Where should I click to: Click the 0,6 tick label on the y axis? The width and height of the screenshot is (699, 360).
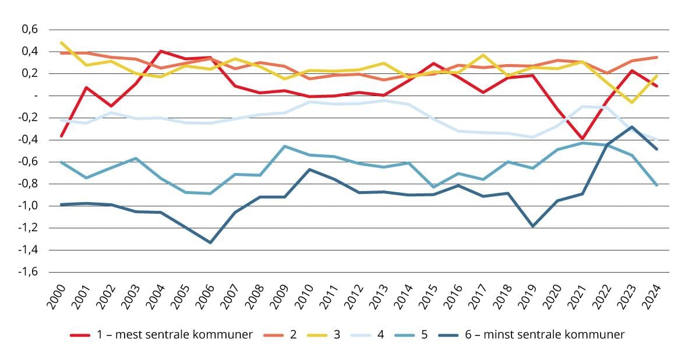click(29, 29)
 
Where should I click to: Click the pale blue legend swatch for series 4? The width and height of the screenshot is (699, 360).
click(362, 335)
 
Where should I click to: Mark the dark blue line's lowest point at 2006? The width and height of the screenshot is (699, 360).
click(210, 242)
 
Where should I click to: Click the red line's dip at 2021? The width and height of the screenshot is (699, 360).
click(582, 139)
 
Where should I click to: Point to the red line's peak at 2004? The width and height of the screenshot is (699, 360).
click(161, 51)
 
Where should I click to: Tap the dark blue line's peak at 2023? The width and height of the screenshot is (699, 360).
click(632, 126)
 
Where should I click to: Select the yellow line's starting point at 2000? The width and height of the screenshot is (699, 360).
click(62, 43)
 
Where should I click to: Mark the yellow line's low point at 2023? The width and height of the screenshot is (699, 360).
click(632, 103)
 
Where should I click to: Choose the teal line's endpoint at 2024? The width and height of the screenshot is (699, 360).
click(657, 185)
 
